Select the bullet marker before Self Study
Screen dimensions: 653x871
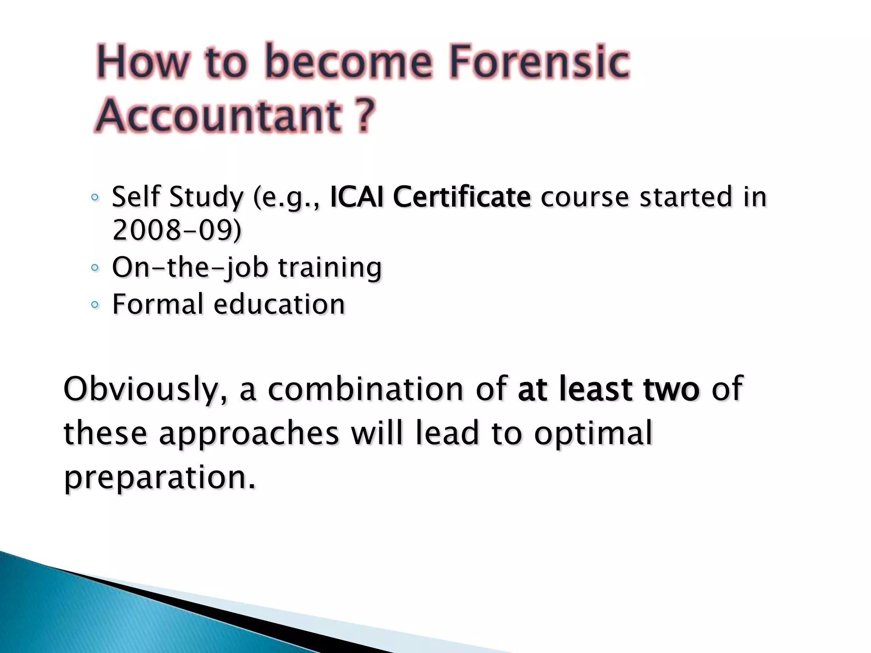click(95, 197)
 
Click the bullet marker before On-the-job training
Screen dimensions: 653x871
click(95, 268)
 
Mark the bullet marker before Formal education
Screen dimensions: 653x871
click(95, 304)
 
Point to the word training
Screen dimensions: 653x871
click(330, 268)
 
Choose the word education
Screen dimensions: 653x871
click(279, 304)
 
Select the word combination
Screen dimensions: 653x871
click(365, 389)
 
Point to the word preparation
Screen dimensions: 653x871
click(160, 478)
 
